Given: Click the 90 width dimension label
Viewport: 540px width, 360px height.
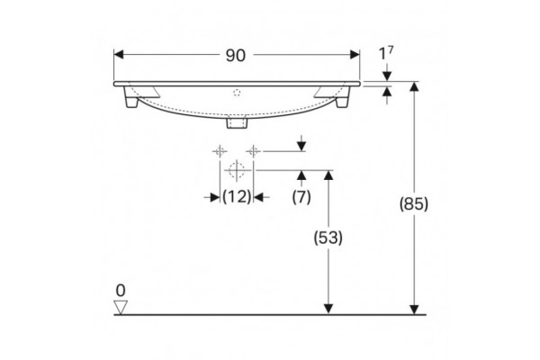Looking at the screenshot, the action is (236, 55).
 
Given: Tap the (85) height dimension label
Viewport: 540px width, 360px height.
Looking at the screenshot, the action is (414, 203).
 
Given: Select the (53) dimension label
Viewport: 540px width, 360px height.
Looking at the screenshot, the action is (328, 238).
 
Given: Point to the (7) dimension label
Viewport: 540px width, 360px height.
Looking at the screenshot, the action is (301, 197).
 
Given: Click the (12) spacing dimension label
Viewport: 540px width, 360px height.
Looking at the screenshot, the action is (237, 197).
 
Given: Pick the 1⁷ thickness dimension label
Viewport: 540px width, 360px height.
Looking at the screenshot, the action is (386, 53).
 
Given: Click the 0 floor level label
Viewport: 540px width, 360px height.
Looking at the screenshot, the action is (121, 291).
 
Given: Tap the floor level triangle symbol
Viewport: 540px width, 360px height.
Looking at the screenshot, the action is (121, 307).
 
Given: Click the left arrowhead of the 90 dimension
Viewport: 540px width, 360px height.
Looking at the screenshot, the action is (119, 55).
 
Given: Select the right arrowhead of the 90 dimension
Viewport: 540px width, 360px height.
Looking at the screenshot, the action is (355, 55).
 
